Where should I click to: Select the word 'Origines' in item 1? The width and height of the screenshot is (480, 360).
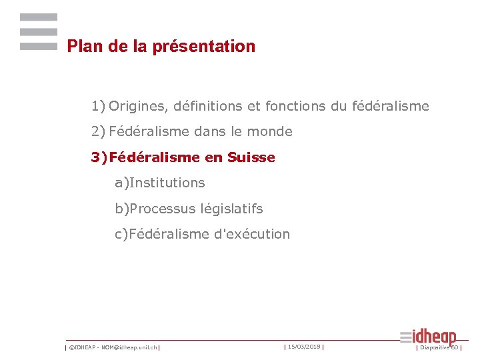(137, 106)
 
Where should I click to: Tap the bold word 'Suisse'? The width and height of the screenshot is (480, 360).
(251, 157)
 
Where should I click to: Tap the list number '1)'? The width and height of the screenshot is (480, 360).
(99, 106)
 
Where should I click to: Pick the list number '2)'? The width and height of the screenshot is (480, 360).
(99, 132)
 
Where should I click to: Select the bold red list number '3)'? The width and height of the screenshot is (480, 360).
(99, 157)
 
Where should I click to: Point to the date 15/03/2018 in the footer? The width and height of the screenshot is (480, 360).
(303, 347)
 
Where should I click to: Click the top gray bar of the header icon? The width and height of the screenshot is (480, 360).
(39, 17)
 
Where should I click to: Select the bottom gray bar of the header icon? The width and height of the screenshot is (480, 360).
(39, 47)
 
